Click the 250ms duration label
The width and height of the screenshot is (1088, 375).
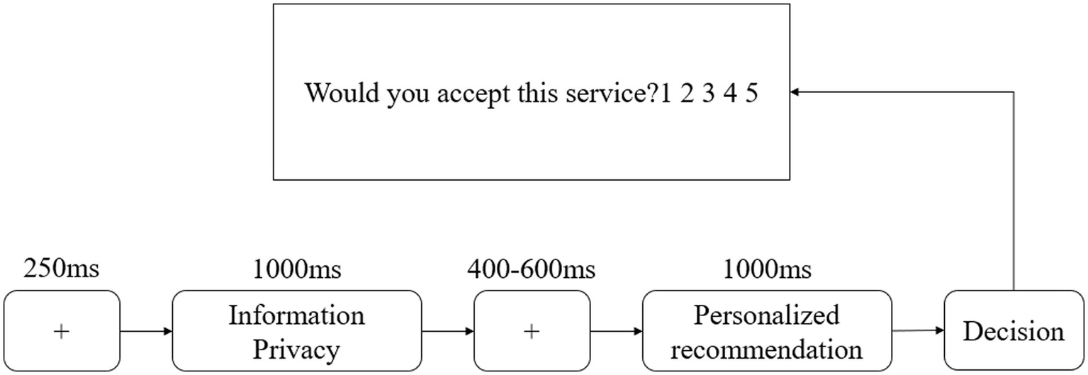click(62, 269)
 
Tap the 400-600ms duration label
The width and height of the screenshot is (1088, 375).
click(531, 269)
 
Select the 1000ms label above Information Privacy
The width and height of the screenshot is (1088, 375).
click(296, 269)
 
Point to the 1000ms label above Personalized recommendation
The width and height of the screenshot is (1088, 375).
click(767, 269)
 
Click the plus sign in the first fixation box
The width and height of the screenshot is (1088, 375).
click(62, 331)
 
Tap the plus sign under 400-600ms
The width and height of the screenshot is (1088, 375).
click(531, 331)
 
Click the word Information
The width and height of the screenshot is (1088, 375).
click(296, 315)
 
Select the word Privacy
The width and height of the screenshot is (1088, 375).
click(296, 349)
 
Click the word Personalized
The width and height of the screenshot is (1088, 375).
click(766, 315)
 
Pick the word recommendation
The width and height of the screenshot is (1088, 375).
click(766, 349)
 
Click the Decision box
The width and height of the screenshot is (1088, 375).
click(1014, 332)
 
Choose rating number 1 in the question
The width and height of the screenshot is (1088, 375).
click(666, 93)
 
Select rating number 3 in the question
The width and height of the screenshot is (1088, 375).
click(708, 93)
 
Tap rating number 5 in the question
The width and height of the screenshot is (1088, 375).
click(751, 93)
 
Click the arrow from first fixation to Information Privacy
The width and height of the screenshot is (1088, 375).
click(146, 331)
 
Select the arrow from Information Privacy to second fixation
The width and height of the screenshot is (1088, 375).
click(447, 331)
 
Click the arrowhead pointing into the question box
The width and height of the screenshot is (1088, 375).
click(796, 92)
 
